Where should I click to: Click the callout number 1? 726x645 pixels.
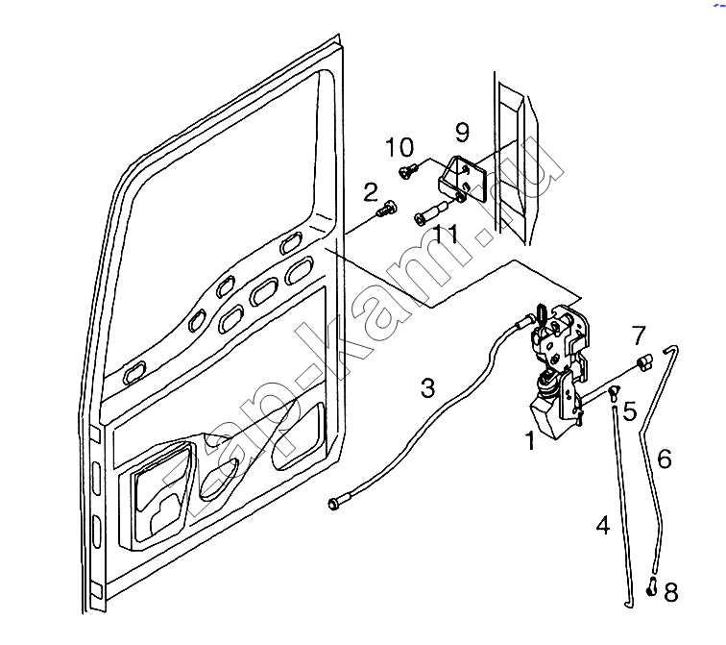click(x=530, y=440)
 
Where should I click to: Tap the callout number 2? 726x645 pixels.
click(x=371, y=192)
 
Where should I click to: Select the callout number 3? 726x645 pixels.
click(x=428, y=387)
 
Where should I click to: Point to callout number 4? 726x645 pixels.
click(x=603, y=526)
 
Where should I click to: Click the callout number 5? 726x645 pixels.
click(x=630, y=411)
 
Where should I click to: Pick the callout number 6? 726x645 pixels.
click(x=665, y=459)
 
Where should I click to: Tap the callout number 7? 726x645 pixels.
click(x=639, y=335)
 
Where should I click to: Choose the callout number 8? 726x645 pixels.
click(x=671, y=592)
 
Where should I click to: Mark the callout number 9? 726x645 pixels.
click(x=462, y=132)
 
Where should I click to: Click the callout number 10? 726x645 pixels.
click(x=399, y=147)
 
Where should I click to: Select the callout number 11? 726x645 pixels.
click(x=447, y=234)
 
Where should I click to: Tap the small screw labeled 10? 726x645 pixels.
click(x=407, y=171)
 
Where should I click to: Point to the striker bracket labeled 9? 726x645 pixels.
click(x=462, y=180)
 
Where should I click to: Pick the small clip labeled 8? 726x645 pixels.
click(x=651, y=586)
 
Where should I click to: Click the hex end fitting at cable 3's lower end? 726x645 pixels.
click(x=334, y=503)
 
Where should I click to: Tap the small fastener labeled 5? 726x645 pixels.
click(x=615, y=391)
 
